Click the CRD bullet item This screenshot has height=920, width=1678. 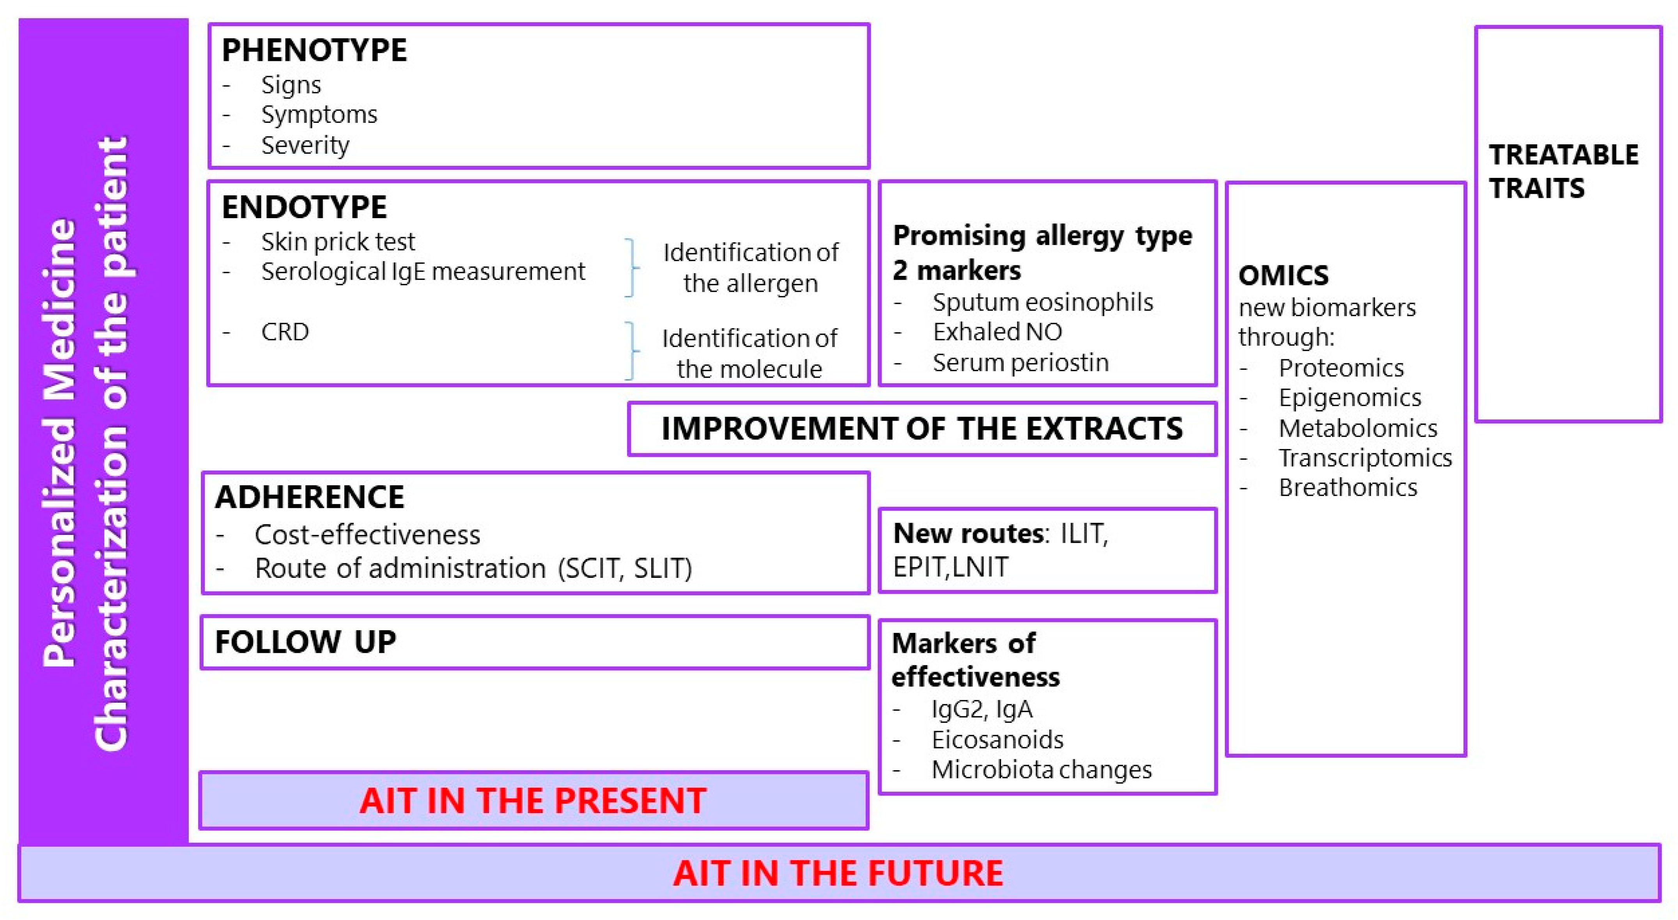(x=285, y=332)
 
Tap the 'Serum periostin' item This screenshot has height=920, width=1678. (x=1020, y=362)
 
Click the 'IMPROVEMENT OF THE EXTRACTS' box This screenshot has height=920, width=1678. (x=922, y=429)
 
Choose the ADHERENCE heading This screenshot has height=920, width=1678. (x=309, y=497)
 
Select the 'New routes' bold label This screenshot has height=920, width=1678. (x=968, y=534)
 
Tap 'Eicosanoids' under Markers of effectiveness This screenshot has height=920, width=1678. (x=997, y=739)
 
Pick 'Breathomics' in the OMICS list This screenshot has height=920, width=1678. (x=1348, y=487)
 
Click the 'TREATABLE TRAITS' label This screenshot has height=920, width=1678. (x=1563, y=171)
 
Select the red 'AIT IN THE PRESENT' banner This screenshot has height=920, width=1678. (x=533, y=800)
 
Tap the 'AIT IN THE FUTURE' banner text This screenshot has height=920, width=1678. (x=838, y=873)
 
